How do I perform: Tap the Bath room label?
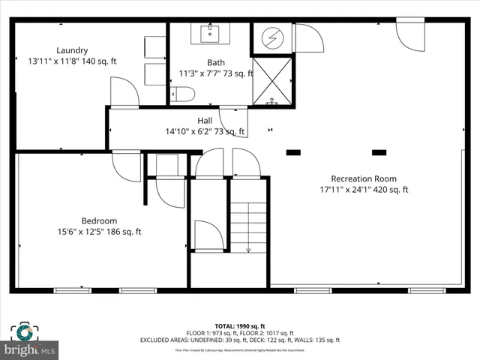tap(215, 62)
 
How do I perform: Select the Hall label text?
tap(205, 121)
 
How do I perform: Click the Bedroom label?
tap(99, 220)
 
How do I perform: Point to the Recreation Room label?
tap(364, 178)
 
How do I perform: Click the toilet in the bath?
tap(183, 94)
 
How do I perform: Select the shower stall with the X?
tap(271, 81)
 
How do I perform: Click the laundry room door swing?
tap(124, 91)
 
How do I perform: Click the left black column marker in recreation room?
tap(292, 153)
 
